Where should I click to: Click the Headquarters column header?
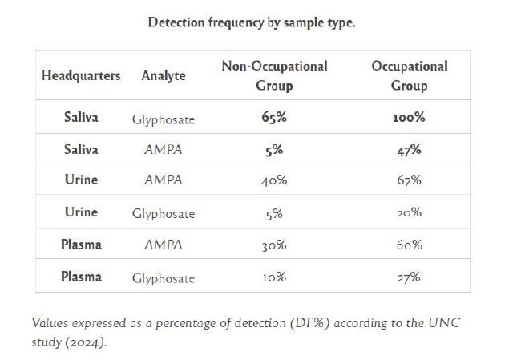pyautogui.click(x=81, y=75)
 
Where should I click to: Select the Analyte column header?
pyautogui.click(x=163, y=75)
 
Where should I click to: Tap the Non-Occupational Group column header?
pyautogui.click(x=274, y=75)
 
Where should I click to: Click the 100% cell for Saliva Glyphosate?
pyautogui.click(x=409, y=118)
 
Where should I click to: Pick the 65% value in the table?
pyautogui.click(x=274, y=118)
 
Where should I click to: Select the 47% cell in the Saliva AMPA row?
pyautogui.click(x=409, y=149)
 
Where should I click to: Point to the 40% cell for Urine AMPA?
pyautogui.click(x=274, y=180)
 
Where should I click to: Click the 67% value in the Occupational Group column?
pyautogui.click(x=409, y=180)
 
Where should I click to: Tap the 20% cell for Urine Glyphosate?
pyautogui.click(x=409, y=213)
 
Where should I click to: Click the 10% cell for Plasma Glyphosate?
pyautogui.click(x=274, y=277)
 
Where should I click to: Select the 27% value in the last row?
pyautogui.click(x=409, y=277)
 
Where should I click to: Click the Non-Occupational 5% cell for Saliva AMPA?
pyautogui.click(x=274, y=149)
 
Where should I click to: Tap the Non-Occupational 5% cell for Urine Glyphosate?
pyautogui.click(x=274, y=213)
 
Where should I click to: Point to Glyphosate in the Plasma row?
pyautogui.click(x=163, y=278)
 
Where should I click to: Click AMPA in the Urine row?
pyautogui.click(x=163, y=180)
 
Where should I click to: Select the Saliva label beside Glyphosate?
pyautogui.click(x=81, y=118)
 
